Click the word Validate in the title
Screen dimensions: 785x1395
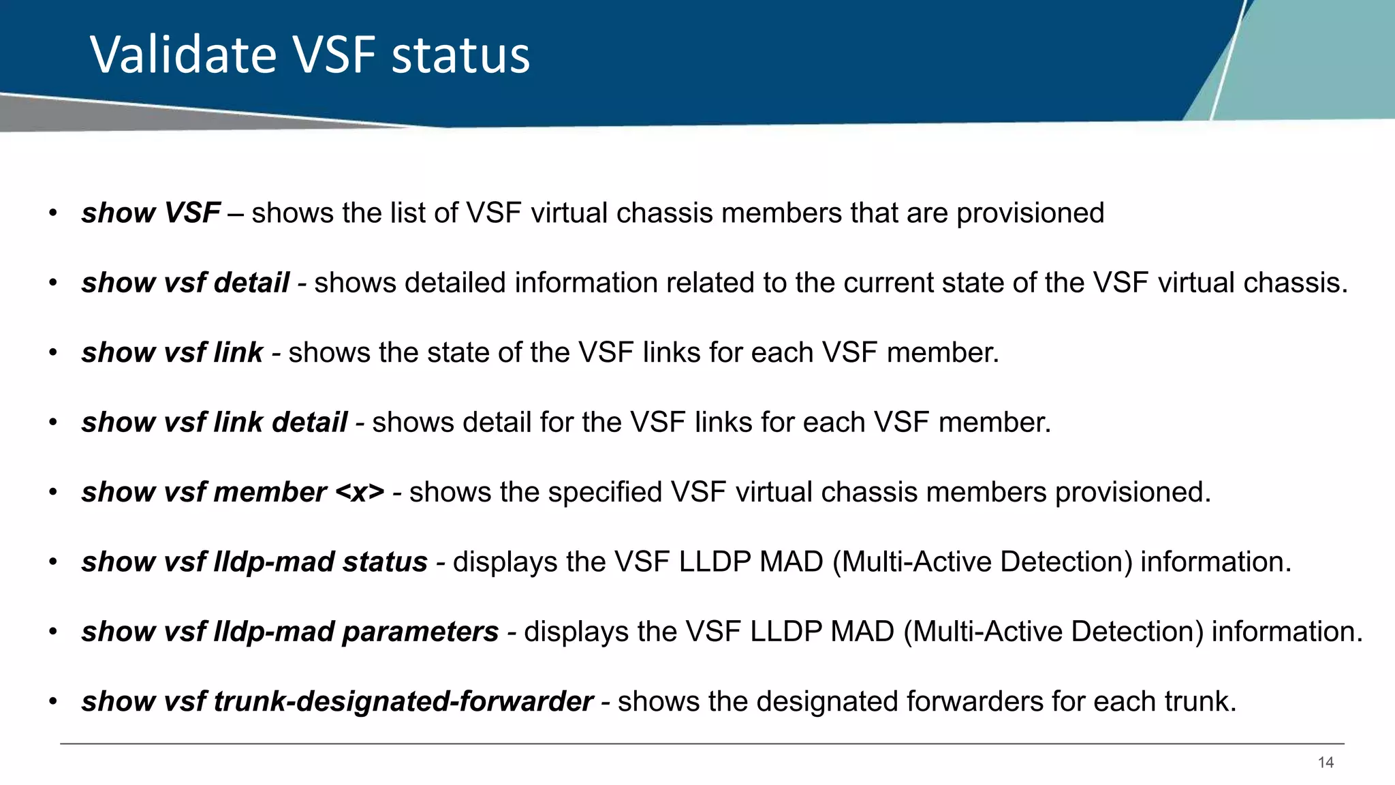[183, 55]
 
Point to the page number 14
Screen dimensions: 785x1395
[1326, 763]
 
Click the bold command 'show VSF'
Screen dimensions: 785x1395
[151, 213]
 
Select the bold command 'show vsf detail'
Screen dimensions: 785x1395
[185, 283]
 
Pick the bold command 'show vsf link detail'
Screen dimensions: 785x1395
[215, 422]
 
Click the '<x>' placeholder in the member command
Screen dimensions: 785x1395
[360, 492]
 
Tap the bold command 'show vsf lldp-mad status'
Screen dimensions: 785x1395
[254, 562]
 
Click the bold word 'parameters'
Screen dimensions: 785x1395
[420, 632]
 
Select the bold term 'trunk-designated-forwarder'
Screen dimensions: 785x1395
[404, 701]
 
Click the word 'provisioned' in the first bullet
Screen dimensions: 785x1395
[1030, 213]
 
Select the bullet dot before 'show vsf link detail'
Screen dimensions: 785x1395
[53, 422]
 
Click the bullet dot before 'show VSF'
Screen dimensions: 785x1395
[53, 213]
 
